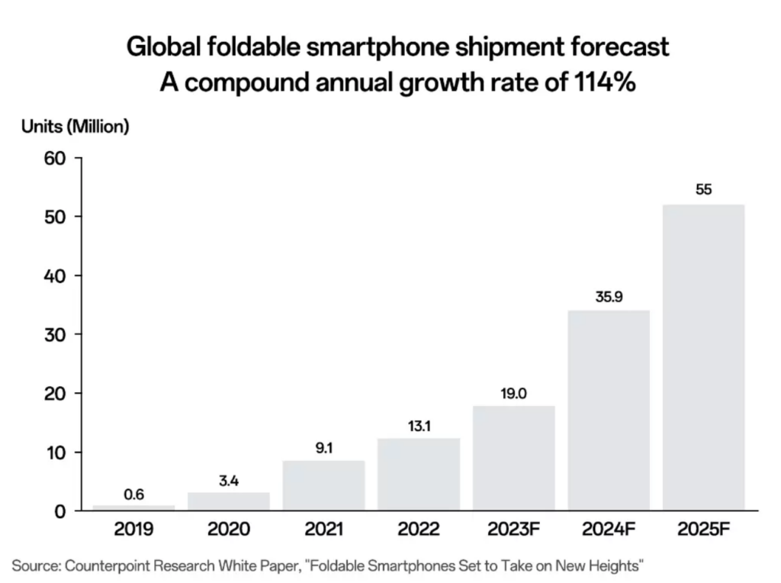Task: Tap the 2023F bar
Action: tap(513, 458)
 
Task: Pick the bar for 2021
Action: tap(323, 485)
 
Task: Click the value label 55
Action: tap(703, 189)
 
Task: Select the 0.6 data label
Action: tap(134, 494)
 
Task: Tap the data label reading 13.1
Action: tap(419, 426)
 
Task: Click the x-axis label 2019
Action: tap(134, 529)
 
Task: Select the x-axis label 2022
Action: tap(419, 529)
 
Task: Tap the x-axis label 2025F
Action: tap(703, 529)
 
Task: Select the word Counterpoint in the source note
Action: tap(102, 566)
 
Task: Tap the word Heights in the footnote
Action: tap(618, 566)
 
